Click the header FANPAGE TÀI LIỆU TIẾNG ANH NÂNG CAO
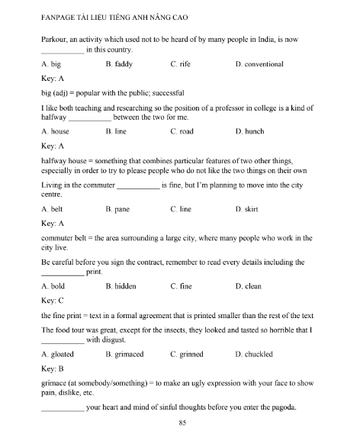pos(121,13)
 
